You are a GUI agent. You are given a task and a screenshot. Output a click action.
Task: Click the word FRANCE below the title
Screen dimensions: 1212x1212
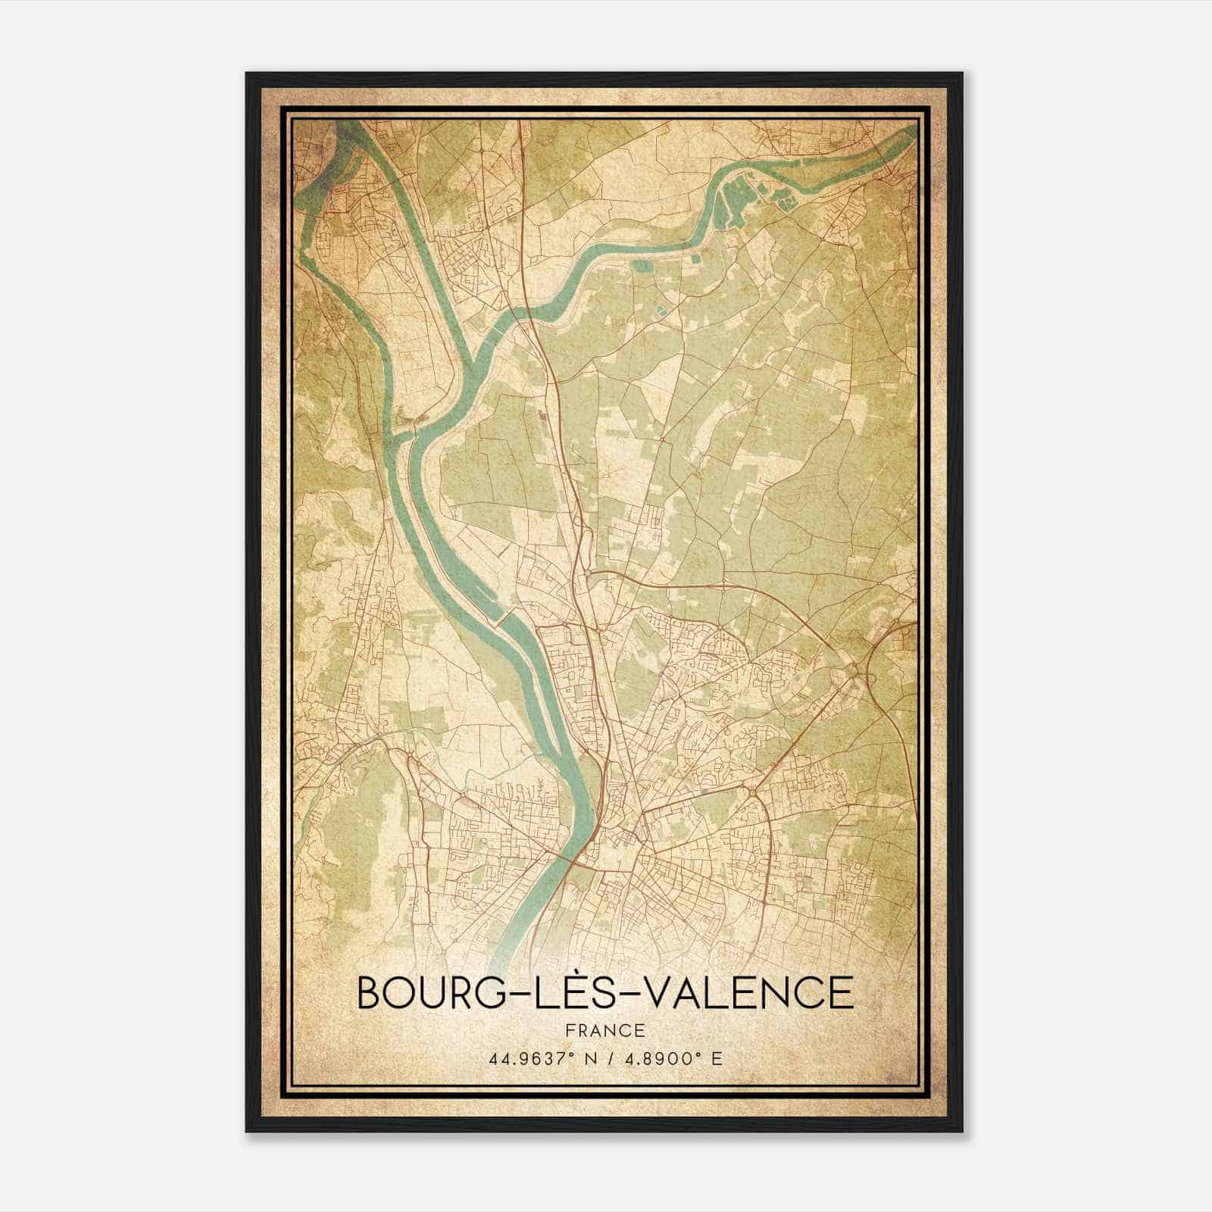tap(604, 1031)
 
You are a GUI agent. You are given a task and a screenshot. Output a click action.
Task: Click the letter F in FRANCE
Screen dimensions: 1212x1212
tap(569, 1031)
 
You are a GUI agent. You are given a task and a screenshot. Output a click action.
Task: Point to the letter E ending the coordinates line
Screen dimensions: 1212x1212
tap(717, 1058)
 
